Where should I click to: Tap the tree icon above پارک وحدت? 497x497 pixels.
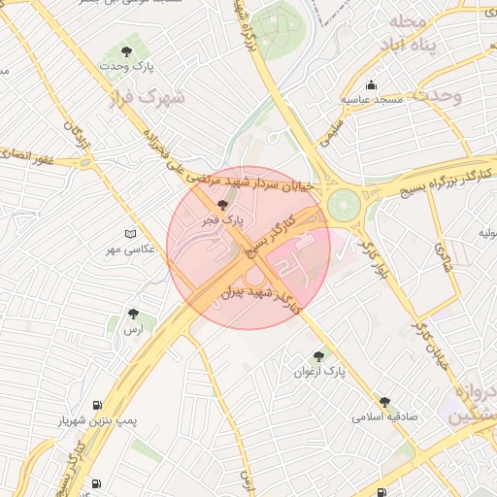(x=126, y=50)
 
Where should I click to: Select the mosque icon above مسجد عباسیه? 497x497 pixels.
(x=370, y=84)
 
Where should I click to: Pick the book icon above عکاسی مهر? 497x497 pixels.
(x=130, y=234)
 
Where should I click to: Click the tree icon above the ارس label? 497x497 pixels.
(x=133, y=314)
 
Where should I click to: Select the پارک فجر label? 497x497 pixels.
(x=222, y=221)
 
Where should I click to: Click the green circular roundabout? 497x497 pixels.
(x=343, y=205)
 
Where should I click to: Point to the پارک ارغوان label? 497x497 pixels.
(x=319, y=371)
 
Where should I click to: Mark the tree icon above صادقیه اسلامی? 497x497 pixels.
(x=384, y=401)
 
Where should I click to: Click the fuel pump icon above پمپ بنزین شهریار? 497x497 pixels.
(x=97, y=406)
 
